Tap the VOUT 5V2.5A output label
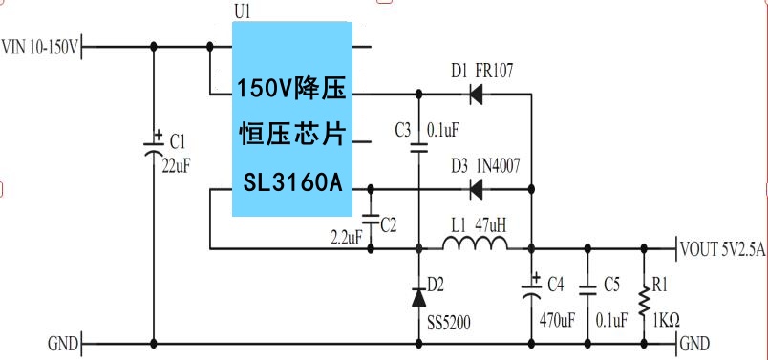723,249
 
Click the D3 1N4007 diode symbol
476,189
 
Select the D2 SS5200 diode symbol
418,297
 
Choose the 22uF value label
176,165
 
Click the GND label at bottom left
64,343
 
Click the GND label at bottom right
694,343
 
